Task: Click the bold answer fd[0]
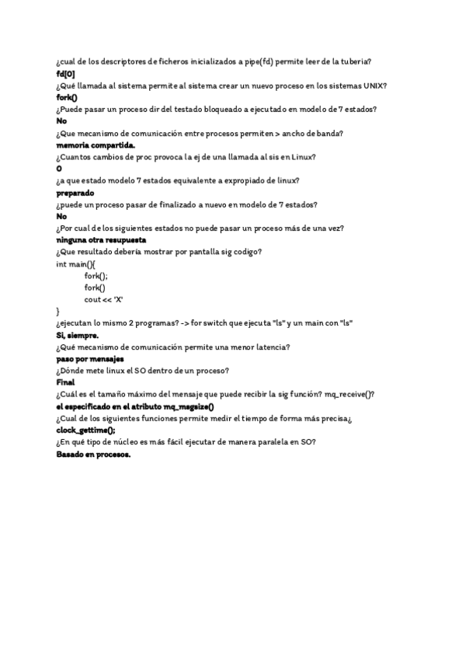point(66,73)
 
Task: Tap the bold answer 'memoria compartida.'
point(96,145)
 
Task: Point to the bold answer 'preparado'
point(75,192)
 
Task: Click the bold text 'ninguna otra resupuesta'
point(101,240)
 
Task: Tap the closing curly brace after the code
point(58,311)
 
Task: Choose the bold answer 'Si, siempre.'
point(77,335)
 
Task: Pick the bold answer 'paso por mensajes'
point(90,359)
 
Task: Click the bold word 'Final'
point(66,382)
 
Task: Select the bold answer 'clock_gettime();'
point(86,431)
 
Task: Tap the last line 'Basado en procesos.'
point(94,455)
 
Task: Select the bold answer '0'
point(60,169)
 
